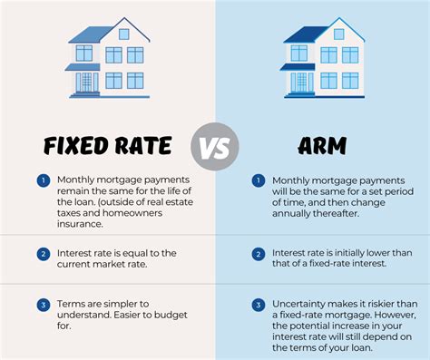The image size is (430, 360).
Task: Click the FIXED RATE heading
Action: coord(107,146)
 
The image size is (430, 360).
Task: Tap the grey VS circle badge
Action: coord(215,146)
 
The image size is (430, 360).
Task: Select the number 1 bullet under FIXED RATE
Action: coord(42,180)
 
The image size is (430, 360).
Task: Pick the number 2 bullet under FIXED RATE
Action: coord(42,255)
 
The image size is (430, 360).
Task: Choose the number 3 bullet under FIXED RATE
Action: coord(42,305)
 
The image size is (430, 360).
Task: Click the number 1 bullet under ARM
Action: coord(259,180)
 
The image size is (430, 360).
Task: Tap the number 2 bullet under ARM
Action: coord(259,255)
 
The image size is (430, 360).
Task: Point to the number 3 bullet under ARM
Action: coord(259,305)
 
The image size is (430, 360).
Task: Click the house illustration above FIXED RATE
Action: coord(106,59)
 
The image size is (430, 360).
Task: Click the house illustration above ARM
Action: coord(323,59)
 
